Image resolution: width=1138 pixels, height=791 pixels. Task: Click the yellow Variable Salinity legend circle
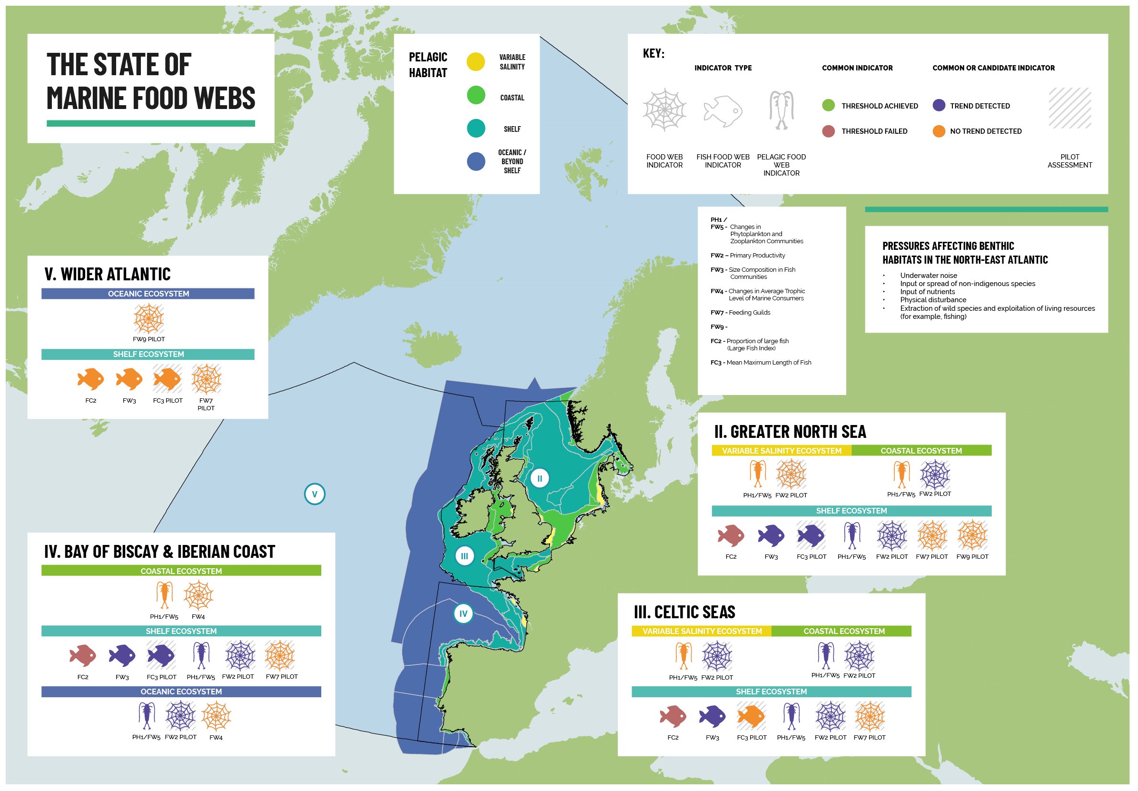coord(476,62)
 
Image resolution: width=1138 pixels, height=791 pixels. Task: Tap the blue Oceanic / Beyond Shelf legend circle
coord(476,161)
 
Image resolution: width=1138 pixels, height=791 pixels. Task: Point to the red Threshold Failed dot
coord(828,131)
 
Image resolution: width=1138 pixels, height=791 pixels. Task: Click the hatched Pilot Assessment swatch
coord(1069,109)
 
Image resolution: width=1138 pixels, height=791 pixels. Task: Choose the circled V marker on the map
coord(315,494)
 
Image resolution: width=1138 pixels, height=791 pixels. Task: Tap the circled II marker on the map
coord(540,479)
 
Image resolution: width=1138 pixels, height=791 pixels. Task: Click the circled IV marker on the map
coord(464,614)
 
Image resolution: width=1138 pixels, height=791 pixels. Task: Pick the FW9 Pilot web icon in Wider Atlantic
coord(148,319)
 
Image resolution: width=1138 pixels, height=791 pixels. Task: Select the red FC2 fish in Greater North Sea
coord(731,536)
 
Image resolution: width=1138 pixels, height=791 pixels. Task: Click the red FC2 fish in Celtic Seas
coord(673,717)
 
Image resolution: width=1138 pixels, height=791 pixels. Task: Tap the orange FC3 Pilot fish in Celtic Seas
coord(752,717)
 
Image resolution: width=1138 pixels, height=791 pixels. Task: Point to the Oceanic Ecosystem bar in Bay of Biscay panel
coord(181,692)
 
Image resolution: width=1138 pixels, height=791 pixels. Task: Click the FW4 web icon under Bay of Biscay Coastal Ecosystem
coord(198,595)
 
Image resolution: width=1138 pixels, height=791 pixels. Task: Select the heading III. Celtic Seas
coord(684,613)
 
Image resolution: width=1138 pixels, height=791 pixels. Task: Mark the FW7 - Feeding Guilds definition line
coord(741,313)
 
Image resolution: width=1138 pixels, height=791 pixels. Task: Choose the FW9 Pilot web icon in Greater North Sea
coord(972,536)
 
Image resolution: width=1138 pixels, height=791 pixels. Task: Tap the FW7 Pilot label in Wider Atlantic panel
coord(206,405)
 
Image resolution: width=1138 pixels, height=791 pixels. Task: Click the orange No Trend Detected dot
coord(939,131)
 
